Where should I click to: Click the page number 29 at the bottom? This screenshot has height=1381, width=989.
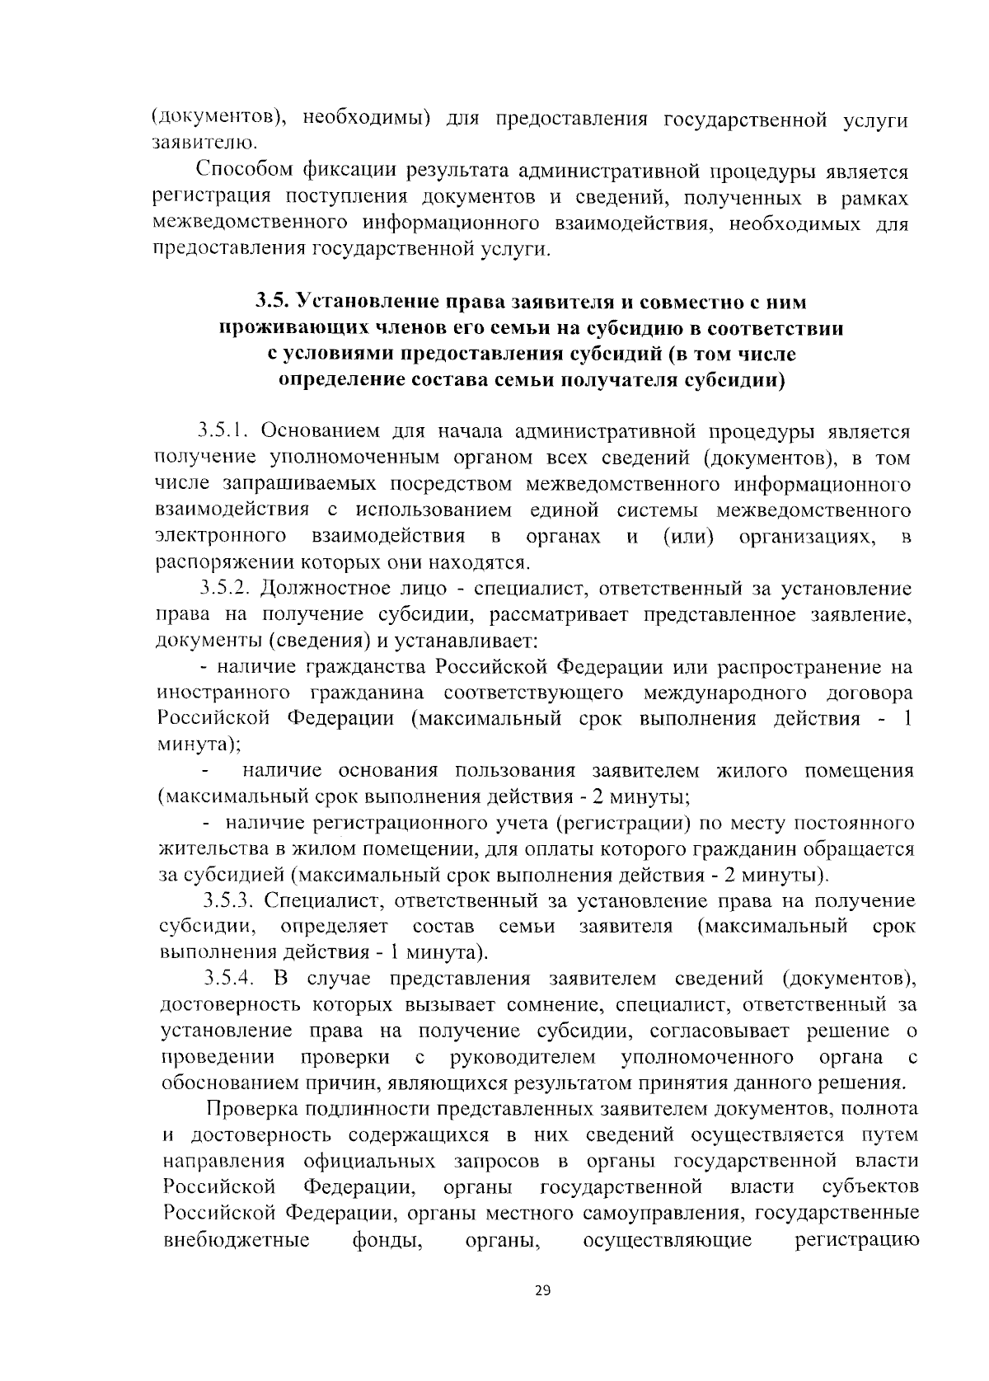click(x=541, y=1290)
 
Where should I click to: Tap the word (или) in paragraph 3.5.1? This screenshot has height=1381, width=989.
click(x=689, y=537)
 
